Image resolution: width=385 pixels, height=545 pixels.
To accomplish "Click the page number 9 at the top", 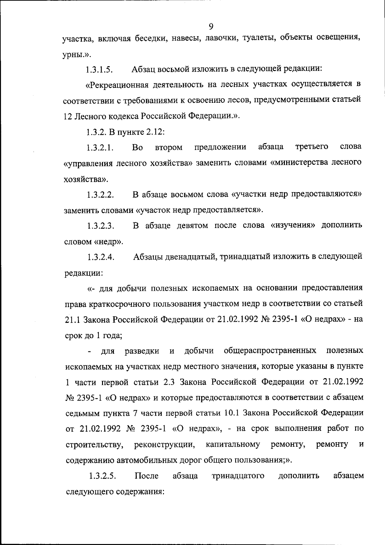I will coord(211,27).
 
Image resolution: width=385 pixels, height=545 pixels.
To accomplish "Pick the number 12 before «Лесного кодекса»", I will coord(67,116).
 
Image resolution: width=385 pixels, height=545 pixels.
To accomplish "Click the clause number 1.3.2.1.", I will coord(100,148).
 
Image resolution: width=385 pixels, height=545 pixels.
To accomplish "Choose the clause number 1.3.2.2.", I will coord(100,195).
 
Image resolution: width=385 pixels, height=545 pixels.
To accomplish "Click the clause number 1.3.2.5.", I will coord(102,476).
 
